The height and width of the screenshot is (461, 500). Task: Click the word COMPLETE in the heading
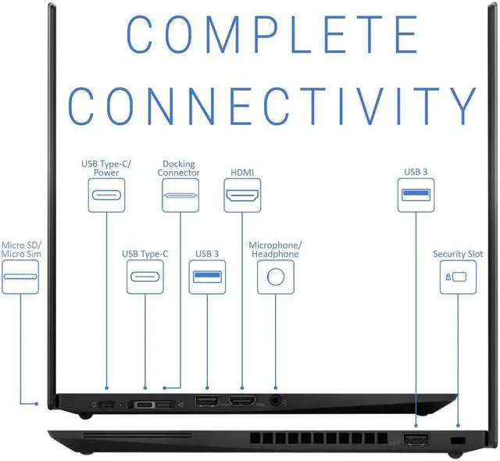(272, 35)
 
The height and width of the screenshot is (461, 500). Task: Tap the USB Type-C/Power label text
(107, 168)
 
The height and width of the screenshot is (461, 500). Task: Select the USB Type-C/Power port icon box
(106, 195)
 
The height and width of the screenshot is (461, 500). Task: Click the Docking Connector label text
(179, 168)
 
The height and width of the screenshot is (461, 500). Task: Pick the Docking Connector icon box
(180, 195)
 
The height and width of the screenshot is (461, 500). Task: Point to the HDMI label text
(242, 172)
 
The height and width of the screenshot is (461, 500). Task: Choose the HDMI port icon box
(242, 195)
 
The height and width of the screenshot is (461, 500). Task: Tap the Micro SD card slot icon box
(20, 277)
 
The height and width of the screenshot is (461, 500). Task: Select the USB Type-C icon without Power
(145, 277)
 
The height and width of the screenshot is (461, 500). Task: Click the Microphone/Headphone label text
(274, 249)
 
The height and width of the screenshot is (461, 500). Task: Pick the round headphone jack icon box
(275, 277)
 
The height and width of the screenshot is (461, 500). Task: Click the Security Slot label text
(459, 254)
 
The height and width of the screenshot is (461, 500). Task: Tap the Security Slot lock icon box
(459, 277)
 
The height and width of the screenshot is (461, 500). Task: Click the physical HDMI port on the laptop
(242, 401)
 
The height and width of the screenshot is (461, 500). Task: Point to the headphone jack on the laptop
(275, 400)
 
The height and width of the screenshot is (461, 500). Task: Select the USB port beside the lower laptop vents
(416, 440)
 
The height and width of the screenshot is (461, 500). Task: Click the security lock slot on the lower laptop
(458, 441)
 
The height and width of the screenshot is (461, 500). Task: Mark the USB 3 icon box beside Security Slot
(416, 195)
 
